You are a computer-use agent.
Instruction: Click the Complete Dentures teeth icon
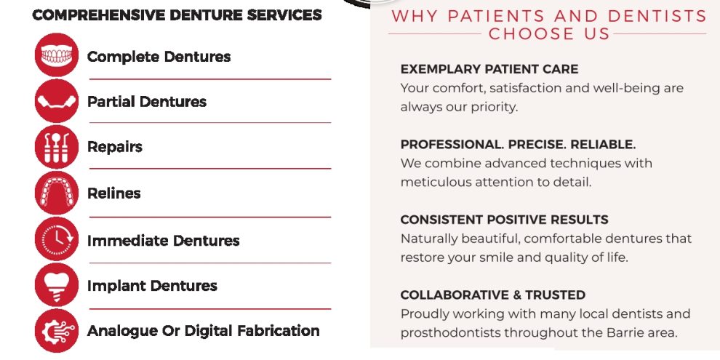click(x=57, y=55)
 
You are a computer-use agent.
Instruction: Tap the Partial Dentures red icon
click(x=57, y=101)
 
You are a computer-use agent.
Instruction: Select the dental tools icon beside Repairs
click(x=57, y=147)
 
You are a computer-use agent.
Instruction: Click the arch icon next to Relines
click(x=57, y=193)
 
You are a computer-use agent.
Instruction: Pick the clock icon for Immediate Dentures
click(x=57, y=239)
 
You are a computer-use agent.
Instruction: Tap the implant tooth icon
click(x=57, y=284)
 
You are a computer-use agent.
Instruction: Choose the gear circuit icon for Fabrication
click(x=57, y=331)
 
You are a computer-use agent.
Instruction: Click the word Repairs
click(x=115, y=148)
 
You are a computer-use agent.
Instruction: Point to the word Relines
click(x=114, y=193)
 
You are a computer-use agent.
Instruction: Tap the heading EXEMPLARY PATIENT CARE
click(x=489, y=69)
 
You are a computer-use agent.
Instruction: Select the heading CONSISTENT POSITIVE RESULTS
click(x=504, y=220)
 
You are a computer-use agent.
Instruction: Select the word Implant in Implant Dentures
click(x=117, y=286)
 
